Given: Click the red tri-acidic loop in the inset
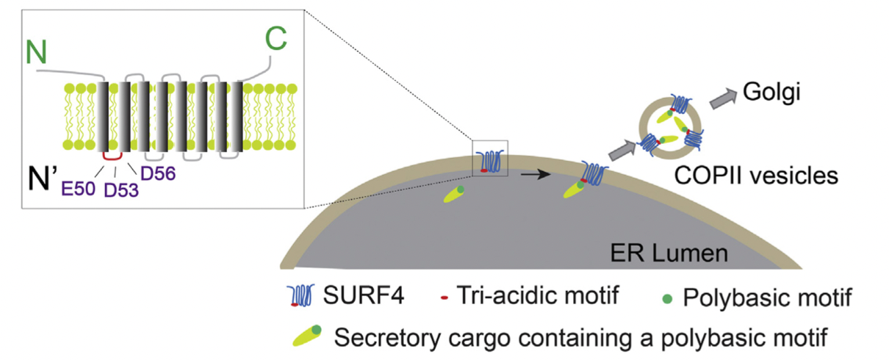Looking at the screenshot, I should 112,155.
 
